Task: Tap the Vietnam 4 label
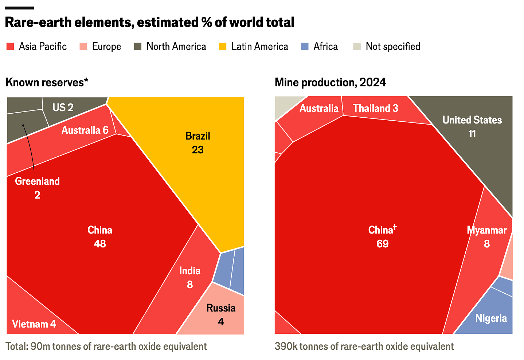click(x=34, y=324)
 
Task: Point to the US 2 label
click(x=63, y=107)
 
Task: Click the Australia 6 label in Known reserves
click(x=85, y=130)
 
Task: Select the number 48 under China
click(x=100, y=244)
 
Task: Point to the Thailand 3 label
click(x=375, y=108)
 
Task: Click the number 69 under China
click(x=383, y=244)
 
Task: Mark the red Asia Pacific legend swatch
click(x=10, y=47)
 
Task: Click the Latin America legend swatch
click(x=222, y=47)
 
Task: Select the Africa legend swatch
click(x=305, y=47)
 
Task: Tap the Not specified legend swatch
click(x=357, y=47)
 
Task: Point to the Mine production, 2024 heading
click(x=330, y=82)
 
